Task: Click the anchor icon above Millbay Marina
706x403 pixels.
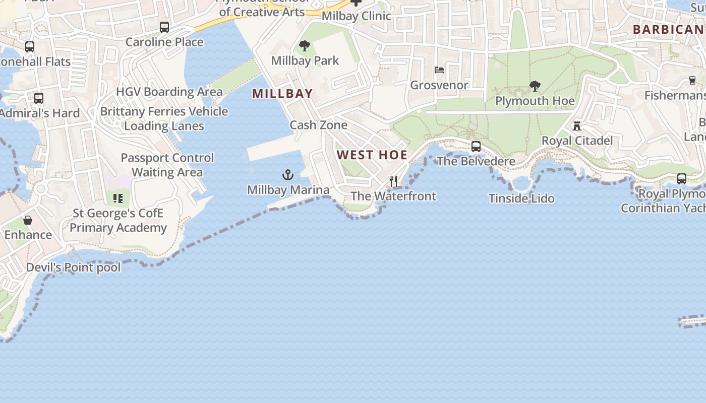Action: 287,175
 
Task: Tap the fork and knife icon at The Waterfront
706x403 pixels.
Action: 393,181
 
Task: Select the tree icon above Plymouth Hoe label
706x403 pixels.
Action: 535,86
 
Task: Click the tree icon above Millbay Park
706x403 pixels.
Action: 305,46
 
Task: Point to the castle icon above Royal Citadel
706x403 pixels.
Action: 577,126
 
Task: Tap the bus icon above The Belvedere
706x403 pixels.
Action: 476,147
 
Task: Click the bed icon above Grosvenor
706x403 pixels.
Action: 439,70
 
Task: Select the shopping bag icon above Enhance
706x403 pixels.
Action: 28,220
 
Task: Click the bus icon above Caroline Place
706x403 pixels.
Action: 164,27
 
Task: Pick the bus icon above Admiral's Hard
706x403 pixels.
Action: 39,98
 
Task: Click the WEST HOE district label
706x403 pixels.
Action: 372,155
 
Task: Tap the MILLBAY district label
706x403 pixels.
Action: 282,94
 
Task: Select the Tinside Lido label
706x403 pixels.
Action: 521,198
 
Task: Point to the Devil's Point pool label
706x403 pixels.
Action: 74,267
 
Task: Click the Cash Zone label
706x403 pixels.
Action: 318,125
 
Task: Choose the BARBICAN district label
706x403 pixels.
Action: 669,30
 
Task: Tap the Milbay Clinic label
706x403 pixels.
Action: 356,16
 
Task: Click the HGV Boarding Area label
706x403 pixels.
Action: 169,92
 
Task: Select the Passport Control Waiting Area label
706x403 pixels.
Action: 167,165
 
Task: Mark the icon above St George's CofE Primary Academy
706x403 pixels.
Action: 118,198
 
